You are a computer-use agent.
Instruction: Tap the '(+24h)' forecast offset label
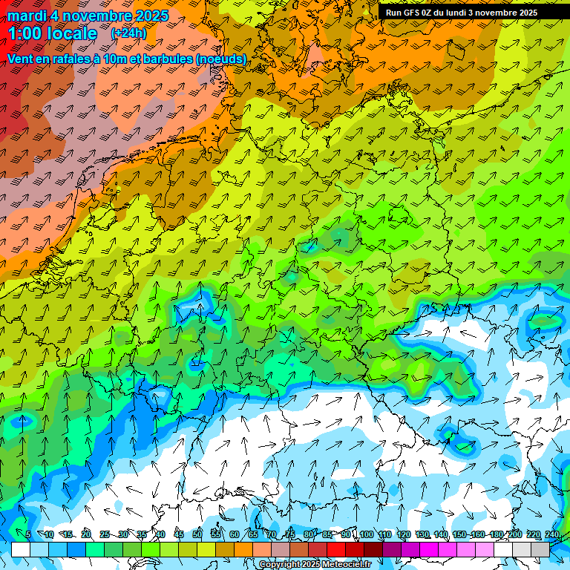tap(128, 33)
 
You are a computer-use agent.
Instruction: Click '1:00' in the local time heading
tap(27, 33)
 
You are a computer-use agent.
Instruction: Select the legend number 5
tap(28, 535)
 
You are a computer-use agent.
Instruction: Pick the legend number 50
tap(197, 535)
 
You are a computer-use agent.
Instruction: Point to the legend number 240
tap(551, 535)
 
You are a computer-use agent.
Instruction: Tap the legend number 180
tap(495, 535)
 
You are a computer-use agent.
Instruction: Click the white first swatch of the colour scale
tap(20, 549)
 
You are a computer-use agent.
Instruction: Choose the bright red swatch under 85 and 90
tap(336, 549)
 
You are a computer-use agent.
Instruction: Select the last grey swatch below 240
tap(540, 549)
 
